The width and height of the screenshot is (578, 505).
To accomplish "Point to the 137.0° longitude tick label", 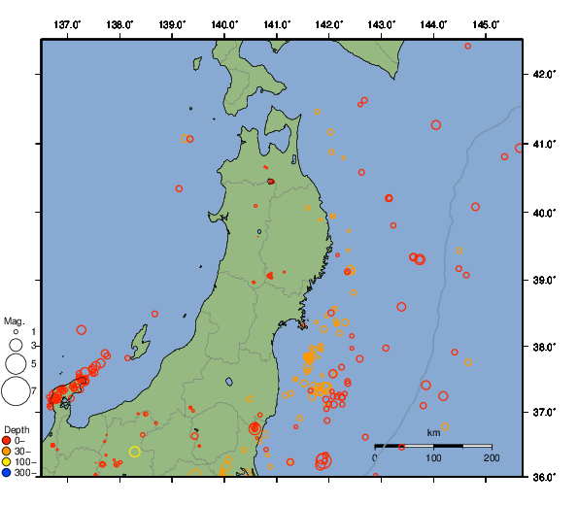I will tap(67, 23).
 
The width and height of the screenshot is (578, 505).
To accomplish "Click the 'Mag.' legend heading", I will tap(14, 320).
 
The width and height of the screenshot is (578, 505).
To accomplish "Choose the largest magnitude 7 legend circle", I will tap(16, 391).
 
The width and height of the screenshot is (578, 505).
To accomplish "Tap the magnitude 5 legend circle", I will tap(16, 364).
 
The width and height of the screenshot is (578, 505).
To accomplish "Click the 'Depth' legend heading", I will tap(17, 429).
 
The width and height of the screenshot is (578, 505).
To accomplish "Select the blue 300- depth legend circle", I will tap(7, 473).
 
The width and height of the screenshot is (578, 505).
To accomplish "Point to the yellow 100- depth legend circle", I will tap(7, 462).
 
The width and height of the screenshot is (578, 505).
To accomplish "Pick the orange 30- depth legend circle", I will tap(7, 452).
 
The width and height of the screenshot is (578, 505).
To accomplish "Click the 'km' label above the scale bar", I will tap(433, 432).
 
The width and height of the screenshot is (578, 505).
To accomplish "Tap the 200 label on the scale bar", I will tap(492, 457).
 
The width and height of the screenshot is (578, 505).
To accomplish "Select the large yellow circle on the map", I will tap(135, 451).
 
